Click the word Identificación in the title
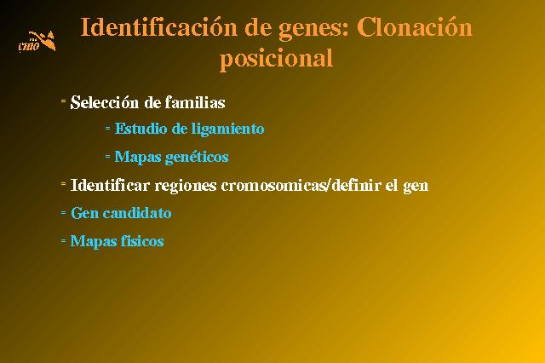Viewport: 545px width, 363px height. click(x=159, y=27)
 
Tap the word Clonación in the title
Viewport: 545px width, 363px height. click(x=415, y=27)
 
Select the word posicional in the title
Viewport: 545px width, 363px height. click(x=277, y=59)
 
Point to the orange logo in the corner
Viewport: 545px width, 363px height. click(x=37, y=41)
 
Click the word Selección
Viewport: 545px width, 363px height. click(x=105, y=102)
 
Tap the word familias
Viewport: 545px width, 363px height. click(x=195, y=102)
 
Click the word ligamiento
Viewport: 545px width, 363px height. click(x=228, y=130)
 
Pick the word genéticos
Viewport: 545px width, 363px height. click(x=197, y=157)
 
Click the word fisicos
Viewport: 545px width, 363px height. click(x=142, y=241)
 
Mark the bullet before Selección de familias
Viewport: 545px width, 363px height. click(x=63, y=101)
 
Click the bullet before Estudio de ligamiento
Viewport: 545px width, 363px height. click(x=108, y=129)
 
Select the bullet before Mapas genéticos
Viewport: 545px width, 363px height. click(x=108, y=157)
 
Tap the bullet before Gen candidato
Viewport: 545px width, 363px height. click(x=63, y=212)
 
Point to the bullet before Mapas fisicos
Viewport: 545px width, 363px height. click(x=63, y=240)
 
